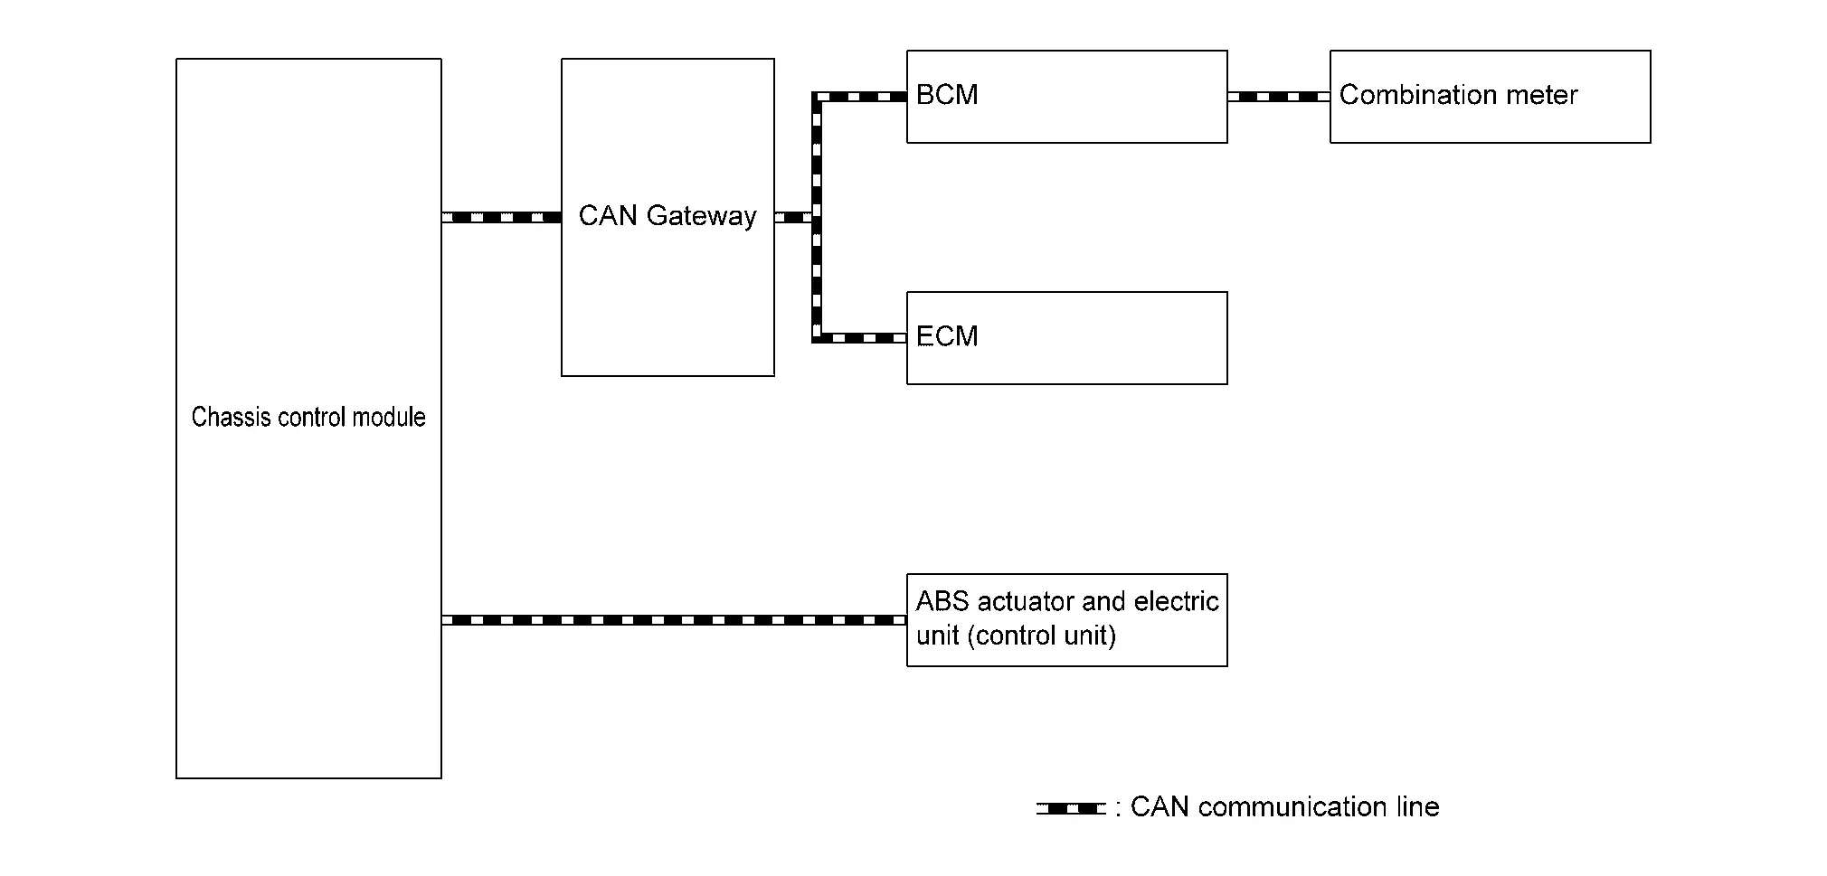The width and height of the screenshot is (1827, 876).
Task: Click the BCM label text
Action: (947, 95)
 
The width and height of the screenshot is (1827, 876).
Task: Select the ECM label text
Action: (947, 336)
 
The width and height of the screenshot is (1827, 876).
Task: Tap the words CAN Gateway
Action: (667, 216)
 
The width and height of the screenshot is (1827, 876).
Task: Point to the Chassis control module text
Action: (308, 417)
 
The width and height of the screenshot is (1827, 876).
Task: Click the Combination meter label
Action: (1458, 95)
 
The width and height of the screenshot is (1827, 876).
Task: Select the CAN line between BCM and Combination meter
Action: (1278, 97)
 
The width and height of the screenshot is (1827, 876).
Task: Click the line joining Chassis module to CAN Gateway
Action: (501, 217)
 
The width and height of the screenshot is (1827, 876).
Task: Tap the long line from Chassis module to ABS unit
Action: (674, 620)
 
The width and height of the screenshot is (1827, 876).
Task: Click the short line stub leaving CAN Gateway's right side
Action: (792, 217)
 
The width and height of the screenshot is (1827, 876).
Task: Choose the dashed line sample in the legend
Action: (1071, 808)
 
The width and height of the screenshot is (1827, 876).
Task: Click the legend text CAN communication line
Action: (1284, 806)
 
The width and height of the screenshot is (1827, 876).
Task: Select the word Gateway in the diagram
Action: (701, 216)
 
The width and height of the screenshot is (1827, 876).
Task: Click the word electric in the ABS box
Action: (1176, 601)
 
